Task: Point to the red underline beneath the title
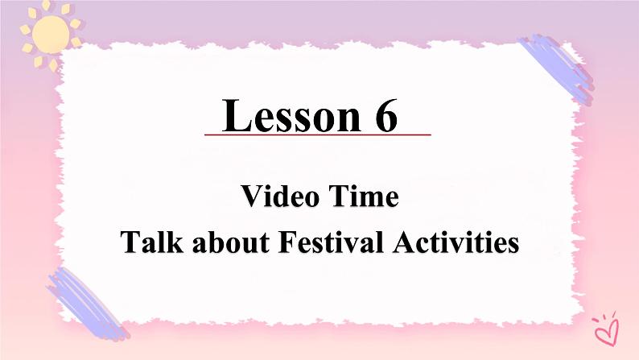(317, 134)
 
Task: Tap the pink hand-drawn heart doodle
(603, 326)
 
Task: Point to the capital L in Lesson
(236, 116)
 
